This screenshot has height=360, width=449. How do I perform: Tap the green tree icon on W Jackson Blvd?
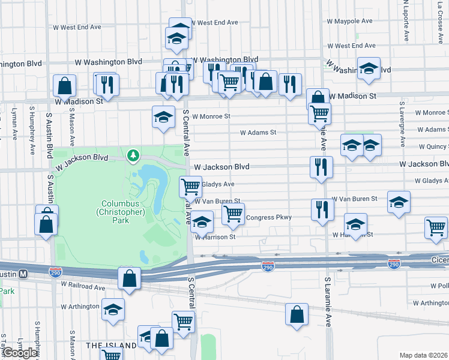click(x=133, y=156)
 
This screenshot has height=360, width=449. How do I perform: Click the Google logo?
click(x=20, y=353)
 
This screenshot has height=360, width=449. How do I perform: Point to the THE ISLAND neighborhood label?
click(x=111, y=346)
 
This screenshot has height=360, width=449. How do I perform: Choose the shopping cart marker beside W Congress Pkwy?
click(x=233, y=213)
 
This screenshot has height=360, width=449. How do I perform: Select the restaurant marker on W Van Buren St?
click(x=322, y=209)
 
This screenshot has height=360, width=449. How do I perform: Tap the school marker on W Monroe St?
click(x=163, y=117)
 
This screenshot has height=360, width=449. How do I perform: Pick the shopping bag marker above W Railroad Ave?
click(x=130, y=278)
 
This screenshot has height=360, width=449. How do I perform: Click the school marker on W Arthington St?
click(x=112, y=310)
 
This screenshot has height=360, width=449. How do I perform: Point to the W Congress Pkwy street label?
click(x=269, y=218)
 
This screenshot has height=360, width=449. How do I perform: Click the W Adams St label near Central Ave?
click(x=258, y=133)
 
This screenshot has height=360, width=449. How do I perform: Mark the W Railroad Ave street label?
click(x=83, y=287)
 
